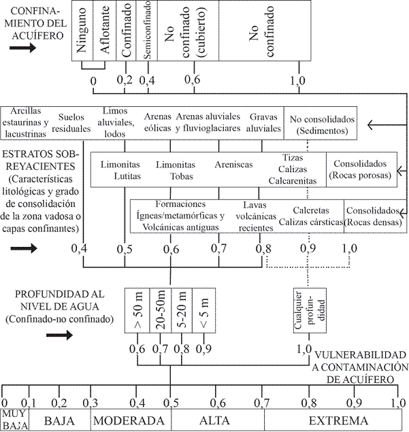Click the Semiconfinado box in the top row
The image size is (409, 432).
click(x=147, y=31)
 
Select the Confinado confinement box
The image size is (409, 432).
click(x=126, y=31)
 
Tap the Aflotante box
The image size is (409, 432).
click(x=104, y=31)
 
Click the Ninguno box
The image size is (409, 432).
click(x=82, y=31)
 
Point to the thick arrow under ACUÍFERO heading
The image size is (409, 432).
click(x=22, y=48)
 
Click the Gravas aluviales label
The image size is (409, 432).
click(x=263, y=122)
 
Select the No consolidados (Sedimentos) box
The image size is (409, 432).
click(x=321, y=123)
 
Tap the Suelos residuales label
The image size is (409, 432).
click(x=71, y=122)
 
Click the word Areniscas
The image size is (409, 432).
click(x=233, y=165)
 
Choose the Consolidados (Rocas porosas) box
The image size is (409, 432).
click(x=361, y=169)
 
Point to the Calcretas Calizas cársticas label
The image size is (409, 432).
click(x=311, y=216)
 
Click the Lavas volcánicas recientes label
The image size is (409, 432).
click(x=256, y=216)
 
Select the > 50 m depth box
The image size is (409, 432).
click(x=137, y=310)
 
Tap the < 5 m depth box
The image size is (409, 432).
click(x=204, y=310)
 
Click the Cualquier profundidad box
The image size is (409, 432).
click(x=310, y=310)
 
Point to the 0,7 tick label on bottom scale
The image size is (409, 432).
click(x=262, y=403)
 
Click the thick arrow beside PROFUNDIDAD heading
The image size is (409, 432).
click(x=59, y=335)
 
